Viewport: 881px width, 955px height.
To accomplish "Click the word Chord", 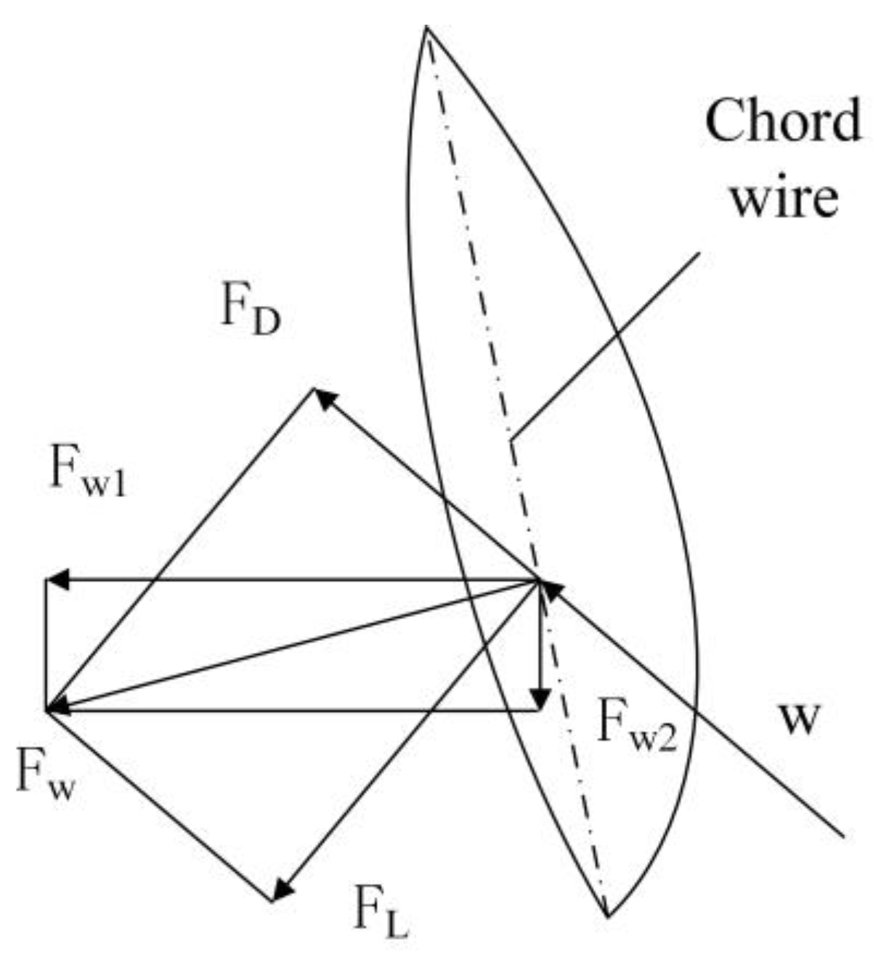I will click(x=783, y=121).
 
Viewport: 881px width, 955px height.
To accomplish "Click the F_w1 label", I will click(x=88, y=472).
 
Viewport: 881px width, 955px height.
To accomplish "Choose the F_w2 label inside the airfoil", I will click(x=636, y=723).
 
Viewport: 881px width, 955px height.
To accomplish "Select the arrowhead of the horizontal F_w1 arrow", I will click(x=55, y=580).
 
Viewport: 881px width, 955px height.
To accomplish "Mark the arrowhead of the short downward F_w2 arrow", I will click(x=539, y=701).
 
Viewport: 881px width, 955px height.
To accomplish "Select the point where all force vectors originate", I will click(x=540, y=581).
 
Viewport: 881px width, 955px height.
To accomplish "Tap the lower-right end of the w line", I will click(x=843, y=837).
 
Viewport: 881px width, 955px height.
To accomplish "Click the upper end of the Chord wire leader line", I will click(x=699, y=253).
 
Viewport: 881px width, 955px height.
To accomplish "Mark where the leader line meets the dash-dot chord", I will click(x=511, y=439).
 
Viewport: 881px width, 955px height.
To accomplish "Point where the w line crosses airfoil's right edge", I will click(x=694, y=708).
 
